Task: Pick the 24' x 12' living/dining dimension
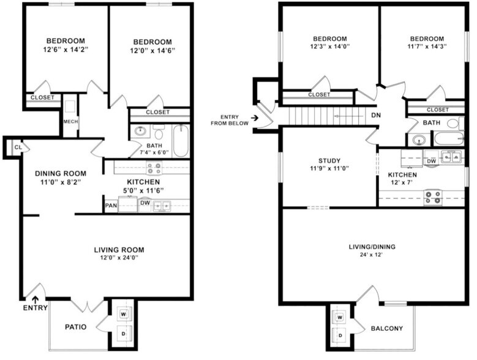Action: [372, 255]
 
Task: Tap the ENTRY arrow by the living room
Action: [36, 299]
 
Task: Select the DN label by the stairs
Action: [376, 114]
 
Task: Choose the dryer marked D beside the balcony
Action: [339, 336]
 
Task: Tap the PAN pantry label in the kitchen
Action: [111, 206]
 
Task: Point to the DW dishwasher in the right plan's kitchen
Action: [431, 160]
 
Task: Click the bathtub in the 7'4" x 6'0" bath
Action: [181, 141]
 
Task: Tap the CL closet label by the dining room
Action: [18, 147]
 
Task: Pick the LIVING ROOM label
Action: [119, 249]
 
